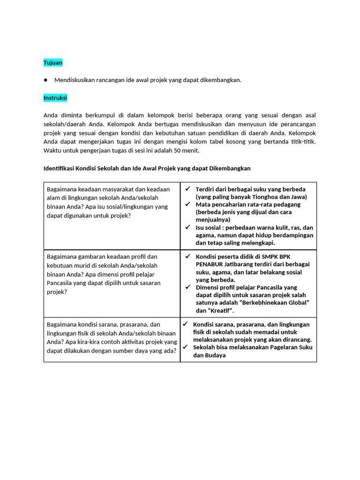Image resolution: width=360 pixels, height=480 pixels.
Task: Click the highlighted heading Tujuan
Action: [x=53, y=62]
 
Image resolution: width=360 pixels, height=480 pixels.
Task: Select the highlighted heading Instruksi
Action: [x=55, y=97]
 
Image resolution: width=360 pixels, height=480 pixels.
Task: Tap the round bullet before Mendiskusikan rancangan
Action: [x=46, y=80]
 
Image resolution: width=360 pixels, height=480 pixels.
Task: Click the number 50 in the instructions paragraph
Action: [x=175, y=150]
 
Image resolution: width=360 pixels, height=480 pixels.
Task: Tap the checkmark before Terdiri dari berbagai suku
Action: [x=187, y=189]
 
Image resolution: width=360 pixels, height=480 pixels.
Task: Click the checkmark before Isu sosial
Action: [x=187, y=227]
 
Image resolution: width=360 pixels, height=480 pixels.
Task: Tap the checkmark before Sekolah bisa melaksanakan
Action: [x=185, y=347]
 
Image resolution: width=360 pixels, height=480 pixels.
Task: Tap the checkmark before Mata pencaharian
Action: [x=187, y=204]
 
